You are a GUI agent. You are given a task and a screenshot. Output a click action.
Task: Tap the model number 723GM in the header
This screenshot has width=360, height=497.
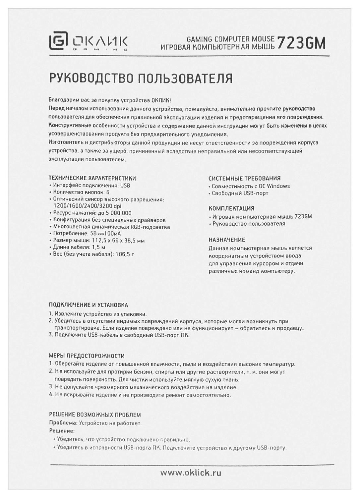pyautogui.click(x=301, y=43)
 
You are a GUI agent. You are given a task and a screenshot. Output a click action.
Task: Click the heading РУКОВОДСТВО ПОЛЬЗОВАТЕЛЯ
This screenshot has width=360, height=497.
pyautogui.click(x=141, y=79)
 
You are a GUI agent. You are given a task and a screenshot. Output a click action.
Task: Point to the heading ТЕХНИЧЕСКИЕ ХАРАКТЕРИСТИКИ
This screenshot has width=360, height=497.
pyautogui.click(x=92, y=178)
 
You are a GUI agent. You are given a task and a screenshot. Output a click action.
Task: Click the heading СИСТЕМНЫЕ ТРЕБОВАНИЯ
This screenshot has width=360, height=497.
pyautogui.click(x=245, y=178)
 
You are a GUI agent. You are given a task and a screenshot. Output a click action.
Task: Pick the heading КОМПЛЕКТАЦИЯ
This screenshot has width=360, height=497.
pyautogui.click(x=231, y=208)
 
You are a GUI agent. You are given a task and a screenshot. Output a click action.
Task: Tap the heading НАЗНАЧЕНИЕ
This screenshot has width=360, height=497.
pyautogui.click(x=227, y=240)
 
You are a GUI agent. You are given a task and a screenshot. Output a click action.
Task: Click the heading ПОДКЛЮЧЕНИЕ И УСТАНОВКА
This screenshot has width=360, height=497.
pyautogui.click(x=88, y=305)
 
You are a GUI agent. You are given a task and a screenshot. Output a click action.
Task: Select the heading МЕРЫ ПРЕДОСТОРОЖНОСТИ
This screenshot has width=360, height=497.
pyautogui.click(x=87, y=356)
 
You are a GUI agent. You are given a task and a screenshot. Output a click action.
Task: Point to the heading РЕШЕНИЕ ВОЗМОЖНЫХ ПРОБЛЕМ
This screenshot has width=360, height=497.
pyautogui.click(x=95, y=414)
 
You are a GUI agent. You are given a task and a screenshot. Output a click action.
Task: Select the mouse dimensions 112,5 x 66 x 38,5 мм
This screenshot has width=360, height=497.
pyautogui.click(x=118, y=241)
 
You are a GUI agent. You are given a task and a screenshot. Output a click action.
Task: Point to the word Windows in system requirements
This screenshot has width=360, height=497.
pyautogui.click(x=278, y=186)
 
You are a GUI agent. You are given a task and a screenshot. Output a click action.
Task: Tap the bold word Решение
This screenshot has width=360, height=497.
pyautogui.click(x=62, y=431)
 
